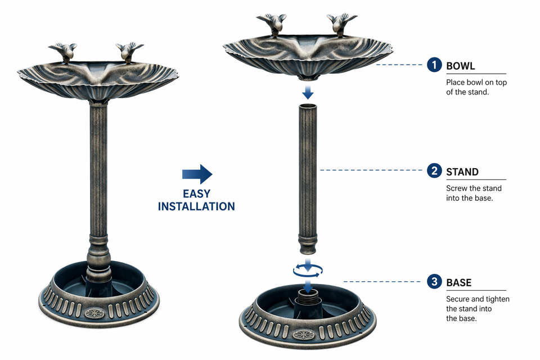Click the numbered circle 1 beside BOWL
tap(434, 65)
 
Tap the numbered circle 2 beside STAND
tap(434, 170)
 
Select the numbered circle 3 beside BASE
tap(434, 281)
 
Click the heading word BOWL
tap(461, 66)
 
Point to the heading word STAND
tap(462, 172)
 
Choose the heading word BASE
tap(459, 283)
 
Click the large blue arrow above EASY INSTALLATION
tap(197, 174)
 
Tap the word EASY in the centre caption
tap(197, 194)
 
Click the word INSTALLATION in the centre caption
tap(196, 206)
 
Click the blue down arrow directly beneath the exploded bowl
tap(308, 92)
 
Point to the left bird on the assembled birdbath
tap(64, 52)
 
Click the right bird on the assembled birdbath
tap(129, 52)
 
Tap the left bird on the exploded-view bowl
tap(272, 24)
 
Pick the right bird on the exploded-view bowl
tap(341, 24)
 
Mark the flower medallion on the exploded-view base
tap(303, 334)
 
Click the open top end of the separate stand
tap(308, 106)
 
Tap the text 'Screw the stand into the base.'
tap(474, 193)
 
